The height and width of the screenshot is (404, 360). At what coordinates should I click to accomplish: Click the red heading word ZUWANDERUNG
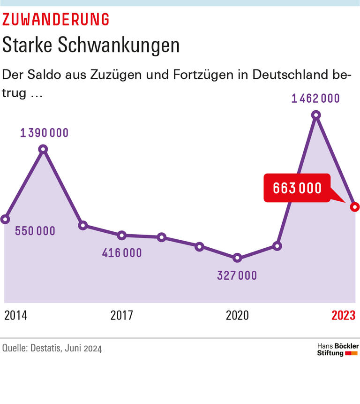pyautogui.click(x=56, y=19)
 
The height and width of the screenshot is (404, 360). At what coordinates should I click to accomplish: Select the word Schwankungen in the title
pyautogui.click(x=119, y=45)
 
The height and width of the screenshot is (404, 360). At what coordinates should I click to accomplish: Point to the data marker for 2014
pyautogui.click(x=5, y=219)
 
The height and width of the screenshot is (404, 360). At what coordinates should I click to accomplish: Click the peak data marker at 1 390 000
pyautogui.click(x=44, y=149)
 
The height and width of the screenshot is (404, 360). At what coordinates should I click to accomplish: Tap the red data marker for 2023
pyautogui.click(x=355, y=206)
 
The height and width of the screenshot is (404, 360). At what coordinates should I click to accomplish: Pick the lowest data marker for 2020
pyautogui.click(x=238, y=258)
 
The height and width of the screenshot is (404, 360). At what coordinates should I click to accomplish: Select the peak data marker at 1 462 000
pyautogui.click(x=316, y=115)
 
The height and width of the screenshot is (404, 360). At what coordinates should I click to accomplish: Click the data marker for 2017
pyautogui.click(x=122, y=235)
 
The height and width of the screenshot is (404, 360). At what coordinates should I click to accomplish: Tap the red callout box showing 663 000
pyautogui.click(x=297, y=188)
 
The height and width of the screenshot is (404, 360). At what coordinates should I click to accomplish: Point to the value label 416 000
pyautogui.click(x=122, y=253)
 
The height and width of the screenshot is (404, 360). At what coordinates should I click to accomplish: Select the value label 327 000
pyautogui.click(x=237, y=275)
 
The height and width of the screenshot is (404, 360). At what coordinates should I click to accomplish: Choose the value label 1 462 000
pyautogui.click(x=316, y=99)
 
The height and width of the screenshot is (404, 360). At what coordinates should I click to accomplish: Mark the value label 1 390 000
pyautogui.click(x=44, y=133)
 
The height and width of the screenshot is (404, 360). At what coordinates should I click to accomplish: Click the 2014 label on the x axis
pyautogui.click(x=15, y=315)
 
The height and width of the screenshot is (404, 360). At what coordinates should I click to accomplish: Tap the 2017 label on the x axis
pyautogui.click(x=121, y=315)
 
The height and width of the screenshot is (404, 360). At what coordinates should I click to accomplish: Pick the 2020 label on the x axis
pyautogui.click(x=237, y=315)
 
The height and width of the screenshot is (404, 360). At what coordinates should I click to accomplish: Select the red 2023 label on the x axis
pyautogui.click(x=344, y=315)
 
